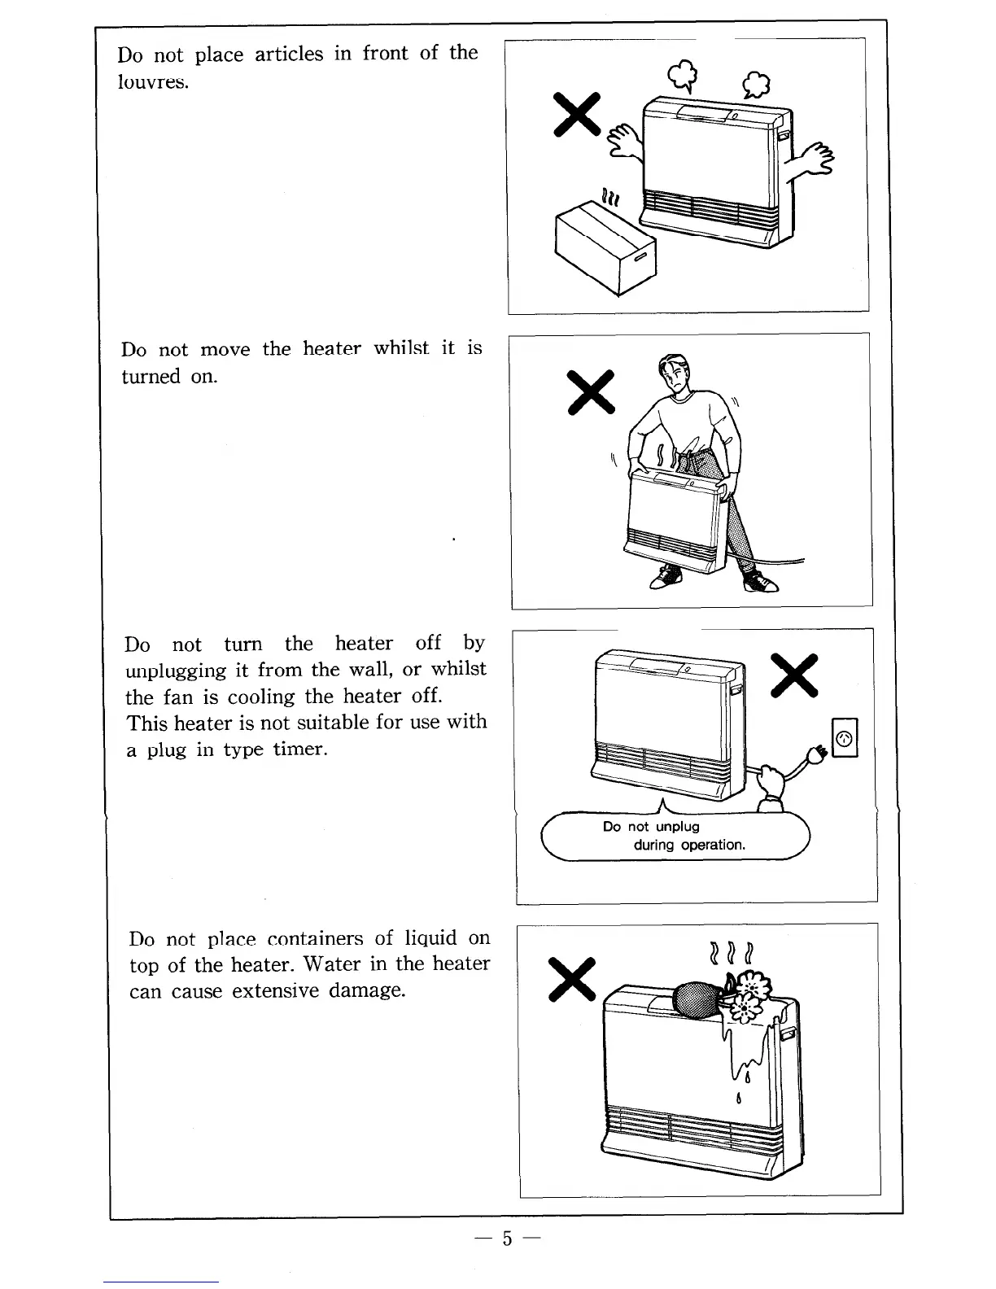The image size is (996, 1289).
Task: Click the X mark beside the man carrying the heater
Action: [x=592, y=392]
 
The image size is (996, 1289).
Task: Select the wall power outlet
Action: [x=845, y=739]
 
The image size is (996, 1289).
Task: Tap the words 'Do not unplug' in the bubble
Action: [x=651, y=827]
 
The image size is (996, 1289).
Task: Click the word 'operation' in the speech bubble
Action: [x=713, y=845]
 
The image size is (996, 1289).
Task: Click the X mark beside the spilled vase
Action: [x=573, y=979]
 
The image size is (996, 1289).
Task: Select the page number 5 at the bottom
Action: [x=508, y=1239]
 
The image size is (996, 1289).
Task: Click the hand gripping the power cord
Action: [x=769, y=783]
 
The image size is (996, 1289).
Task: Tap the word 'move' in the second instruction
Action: [x=225, y=350]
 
